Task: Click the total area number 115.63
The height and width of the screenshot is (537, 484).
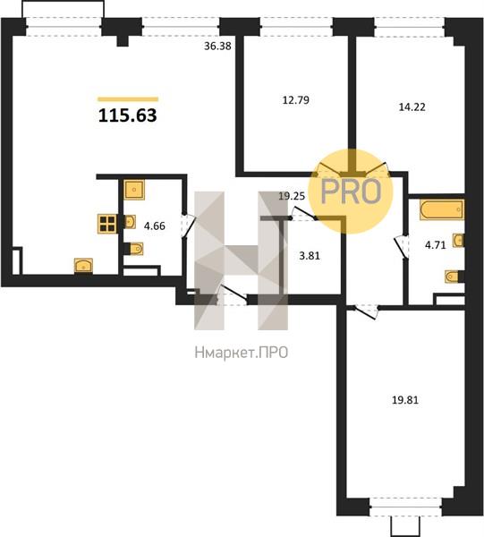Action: [x=128, y=115]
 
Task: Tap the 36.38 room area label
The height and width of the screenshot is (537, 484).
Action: [x=217, y=46]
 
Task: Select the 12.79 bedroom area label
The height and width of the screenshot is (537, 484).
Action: [x=296, y=100]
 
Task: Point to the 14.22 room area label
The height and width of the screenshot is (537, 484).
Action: [x=412, y=107]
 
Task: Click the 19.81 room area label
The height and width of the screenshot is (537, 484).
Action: [x=405, y=400]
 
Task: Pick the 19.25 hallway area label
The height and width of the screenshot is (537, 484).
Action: [x=292, y=196]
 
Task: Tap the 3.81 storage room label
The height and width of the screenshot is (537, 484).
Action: [x=310, y=255]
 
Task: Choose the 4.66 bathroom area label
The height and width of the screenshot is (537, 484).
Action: [x=155, y=226]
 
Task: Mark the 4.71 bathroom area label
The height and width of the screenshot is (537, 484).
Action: [x=436, y=245]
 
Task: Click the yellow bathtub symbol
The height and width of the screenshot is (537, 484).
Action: [x=442, y=209]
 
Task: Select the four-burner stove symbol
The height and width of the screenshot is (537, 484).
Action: [x=107, y=224]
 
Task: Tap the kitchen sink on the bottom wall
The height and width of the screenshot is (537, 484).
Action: [x=83, y=266]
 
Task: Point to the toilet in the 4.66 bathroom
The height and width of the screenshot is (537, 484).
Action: [x=134, y=249]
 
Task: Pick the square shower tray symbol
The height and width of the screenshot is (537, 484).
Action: [x=134, y=190]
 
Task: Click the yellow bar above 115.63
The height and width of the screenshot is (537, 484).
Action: [x=128, y=99]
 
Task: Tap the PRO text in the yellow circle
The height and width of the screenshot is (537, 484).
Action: [x=351, y=192]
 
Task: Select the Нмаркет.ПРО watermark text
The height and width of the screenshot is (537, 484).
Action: [x=242, y=353]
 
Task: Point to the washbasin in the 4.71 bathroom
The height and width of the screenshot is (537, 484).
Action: [x=459, y=240]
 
